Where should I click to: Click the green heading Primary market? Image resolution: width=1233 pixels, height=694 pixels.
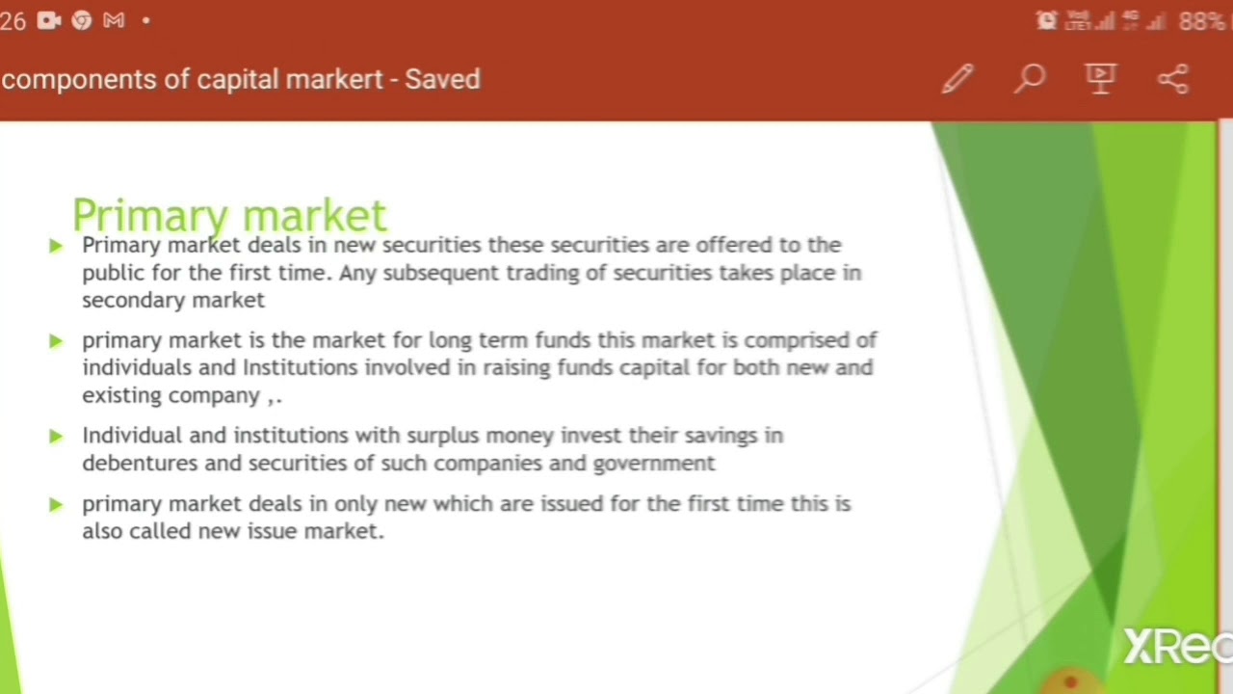pos(229,214)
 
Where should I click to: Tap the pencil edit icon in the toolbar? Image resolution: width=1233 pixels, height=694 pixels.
pos(958,79)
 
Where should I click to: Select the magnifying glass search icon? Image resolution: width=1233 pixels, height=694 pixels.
pos(1030,79)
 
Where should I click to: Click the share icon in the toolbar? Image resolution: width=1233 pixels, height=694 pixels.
pos(1173,79)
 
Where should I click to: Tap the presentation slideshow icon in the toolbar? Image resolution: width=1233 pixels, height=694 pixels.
pos(1101,79)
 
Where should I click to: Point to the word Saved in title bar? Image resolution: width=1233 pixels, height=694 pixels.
pos(442,79)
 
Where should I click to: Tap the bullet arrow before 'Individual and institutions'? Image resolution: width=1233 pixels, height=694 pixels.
pos(56,437)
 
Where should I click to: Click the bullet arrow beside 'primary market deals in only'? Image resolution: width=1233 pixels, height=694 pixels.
pos(56,504)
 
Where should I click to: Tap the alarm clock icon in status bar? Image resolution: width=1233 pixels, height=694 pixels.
pos(1046,21)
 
